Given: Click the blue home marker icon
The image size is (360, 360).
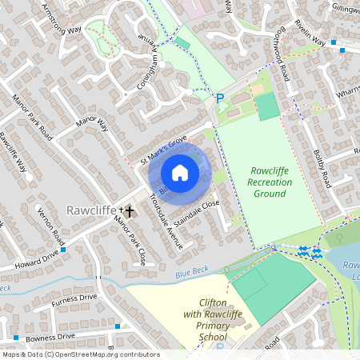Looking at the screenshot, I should [x=180, y=173].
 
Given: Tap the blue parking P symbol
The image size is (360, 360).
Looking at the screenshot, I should [x=220, y=98].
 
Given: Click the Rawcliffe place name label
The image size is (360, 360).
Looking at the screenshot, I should [x=90, y=210].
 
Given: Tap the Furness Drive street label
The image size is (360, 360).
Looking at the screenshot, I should [x=74, y=299].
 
